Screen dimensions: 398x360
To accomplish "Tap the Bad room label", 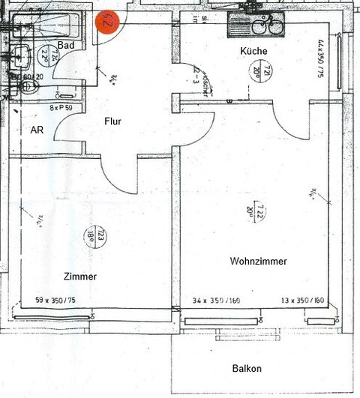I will coord(65,46).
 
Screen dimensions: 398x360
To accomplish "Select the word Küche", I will coord(253,51).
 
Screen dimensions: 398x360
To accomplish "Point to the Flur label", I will coord(112,121).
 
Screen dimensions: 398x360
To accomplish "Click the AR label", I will coord(36,130).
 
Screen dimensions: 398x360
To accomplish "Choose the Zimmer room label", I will coord(80,277).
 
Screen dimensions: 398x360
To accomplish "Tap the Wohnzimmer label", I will coord(258,261).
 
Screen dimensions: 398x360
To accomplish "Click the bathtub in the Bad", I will coord(45,26).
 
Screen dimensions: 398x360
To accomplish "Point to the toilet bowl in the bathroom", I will coord(28,87).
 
